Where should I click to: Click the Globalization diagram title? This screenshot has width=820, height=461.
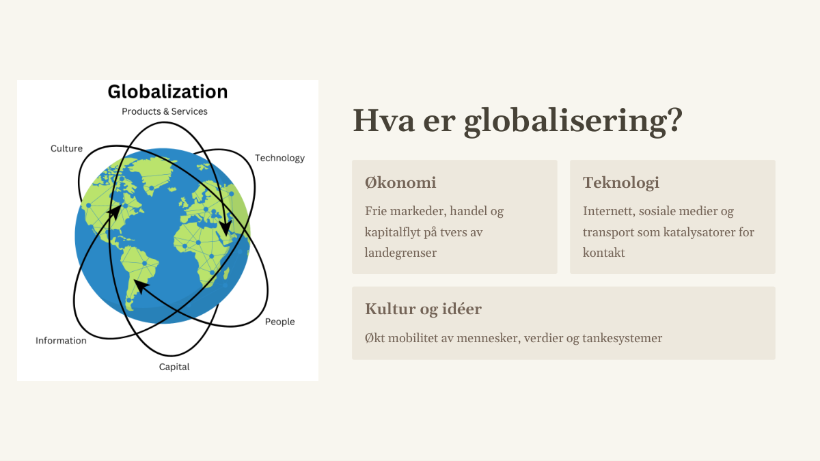167,92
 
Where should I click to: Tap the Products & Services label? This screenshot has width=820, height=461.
165,111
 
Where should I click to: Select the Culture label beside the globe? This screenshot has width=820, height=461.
67,149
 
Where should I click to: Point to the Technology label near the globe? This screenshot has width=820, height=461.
279,158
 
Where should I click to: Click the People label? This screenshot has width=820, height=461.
279,322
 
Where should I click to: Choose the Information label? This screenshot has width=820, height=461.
61,341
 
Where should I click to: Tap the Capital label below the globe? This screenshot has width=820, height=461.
174,367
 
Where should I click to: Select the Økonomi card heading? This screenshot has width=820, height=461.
400,182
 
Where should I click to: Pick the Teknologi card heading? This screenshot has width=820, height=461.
621,182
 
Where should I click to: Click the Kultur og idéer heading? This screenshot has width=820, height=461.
423,309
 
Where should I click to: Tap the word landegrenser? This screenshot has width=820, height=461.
400,253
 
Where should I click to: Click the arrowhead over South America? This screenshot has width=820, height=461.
140,285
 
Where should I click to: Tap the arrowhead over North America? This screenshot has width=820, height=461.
115,212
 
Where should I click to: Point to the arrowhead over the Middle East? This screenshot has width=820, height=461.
225,227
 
